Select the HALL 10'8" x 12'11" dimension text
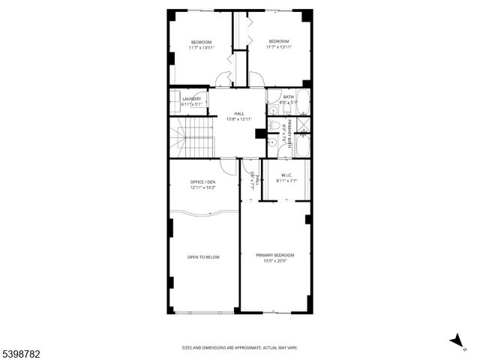(239, 118)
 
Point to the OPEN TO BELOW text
(203, 257)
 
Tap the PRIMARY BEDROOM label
(274, 255)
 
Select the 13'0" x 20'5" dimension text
(274, 261)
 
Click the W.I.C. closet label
(286, 176)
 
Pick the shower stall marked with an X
(302, 124)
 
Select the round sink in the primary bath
(271, 142)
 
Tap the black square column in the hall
(260, 133)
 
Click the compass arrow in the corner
(456, 341)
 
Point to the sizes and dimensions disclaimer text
(239, 347)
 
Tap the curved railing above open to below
(203, 214)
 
